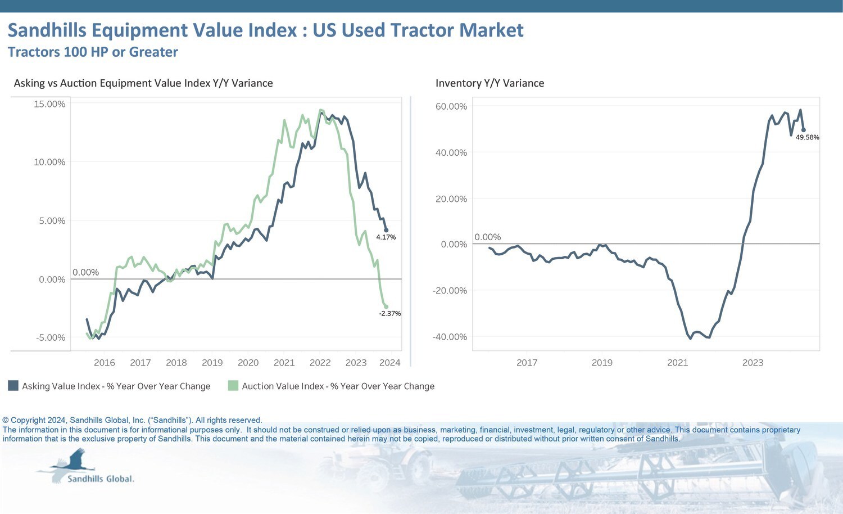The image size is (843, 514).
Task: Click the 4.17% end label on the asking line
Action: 386,237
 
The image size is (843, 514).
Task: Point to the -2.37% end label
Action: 389,314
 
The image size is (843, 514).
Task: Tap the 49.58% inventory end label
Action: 807,137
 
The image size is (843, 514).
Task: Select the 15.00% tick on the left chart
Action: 49,104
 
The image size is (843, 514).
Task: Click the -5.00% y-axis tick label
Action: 51,338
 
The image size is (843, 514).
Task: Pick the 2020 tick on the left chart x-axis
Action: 248,363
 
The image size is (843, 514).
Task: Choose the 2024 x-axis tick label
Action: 390,363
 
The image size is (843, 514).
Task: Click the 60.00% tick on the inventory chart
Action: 451,106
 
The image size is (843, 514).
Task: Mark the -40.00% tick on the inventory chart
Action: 450,337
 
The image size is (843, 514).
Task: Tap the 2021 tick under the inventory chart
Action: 677,363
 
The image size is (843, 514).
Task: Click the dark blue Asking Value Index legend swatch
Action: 13,386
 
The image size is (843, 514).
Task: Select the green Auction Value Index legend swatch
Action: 233,386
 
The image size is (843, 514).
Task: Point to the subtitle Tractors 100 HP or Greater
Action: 93,52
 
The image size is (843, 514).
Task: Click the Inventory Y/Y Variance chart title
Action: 490,83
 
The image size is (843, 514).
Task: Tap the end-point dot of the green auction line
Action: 386,306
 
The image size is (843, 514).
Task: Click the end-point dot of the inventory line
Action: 804,130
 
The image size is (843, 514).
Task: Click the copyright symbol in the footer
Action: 6,421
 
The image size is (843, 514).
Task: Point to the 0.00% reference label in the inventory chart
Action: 487,237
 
